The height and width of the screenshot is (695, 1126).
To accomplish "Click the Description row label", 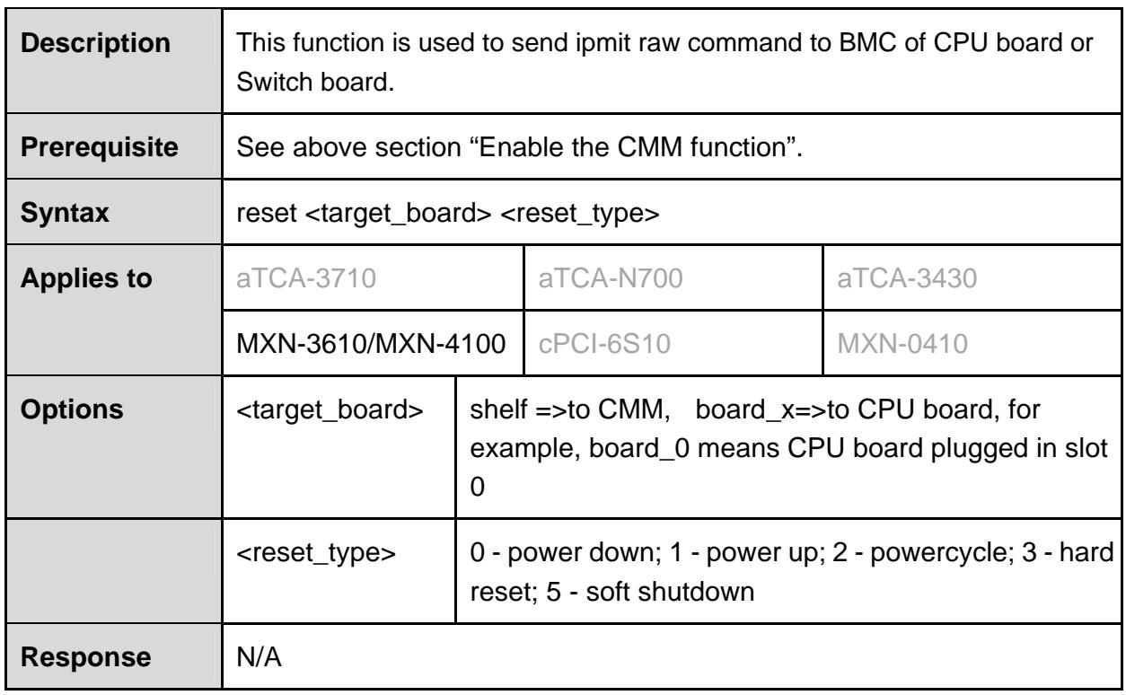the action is coord(95,43).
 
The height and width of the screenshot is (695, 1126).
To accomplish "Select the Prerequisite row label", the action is coord(100,148).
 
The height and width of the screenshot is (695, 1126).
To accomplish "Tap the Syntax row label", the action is coord(65,213).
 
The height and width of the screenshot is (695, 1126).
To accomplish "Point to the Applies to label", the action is coord(86,277).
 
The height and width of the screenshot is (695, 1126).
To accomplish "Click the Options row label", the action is coord(72,409).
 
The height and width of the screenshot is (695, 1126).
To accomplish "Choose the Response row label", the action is coord(85,656).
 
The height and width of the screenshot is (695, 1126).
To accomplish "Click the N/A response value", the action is coord(259,656).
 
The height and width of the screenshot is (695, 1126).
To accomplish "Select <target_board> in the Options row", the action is coord(330,410).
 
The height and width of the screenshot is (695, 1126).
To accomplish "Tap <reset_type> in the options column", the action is coord(316,553).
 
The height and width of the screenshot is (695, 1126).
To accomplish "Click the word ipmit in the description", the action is coord(603,43).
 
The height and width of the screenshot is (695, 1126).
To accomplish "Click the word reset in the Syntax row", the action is coord(267,213).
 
